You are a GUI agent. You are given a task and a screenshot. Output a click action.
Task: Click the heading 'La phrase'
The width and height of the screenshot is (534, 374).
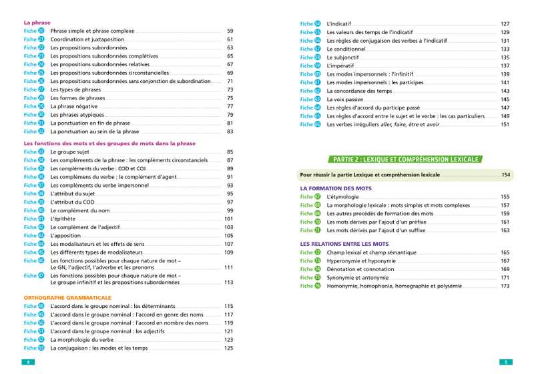(x=37, y=22)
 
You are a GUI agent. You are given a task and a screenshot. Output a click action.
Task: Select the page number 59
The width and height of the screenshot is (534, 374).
(x=230, y=31)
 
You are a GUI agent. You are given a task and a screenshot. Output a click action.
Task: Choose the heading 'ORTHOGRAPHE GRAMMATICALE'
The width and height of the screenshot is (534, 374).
(x=67, y=297)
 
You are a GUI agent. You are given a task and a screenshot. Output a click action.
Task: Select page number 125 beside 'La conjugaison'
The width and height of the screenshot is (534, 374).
(x=228, y=348)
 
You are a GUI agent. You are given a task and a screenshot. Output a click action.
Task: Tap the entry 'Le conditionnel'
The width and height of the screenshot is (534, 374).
(x=346, y=49)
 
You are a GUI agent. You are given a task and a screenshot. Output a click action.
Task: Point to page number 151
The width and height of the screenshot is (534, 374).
(x=505, y=124)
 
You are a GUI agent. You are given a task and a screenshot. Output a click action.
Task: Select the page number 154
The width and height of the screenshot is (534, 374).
(x=505, y=174)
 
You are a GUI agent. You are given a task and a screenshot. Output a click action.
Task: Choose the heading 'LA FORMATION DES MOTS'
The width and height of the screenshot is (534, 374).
(x=336, y=188)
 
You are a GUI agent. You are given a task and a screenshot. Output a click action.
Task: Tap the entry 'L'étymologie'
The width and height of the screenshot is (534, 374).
(x=342, y=197)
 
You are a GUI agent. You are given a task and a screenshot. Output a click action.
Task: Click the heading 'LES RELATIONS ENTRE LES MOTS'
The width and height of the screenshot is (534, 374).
(x=345, y=244)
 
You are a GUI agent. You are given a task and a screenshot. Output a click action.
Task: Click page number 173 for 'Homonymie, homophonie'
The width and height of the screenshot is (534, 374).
(x=505, y=286)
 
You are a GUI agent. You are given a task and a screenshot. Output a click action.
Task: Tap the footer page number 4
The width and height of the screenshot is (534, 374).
(x=28, y=362)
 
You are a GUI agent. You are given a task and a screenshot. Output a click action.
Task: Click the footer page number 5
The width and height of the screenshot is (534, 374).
(x=505, y=362)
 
